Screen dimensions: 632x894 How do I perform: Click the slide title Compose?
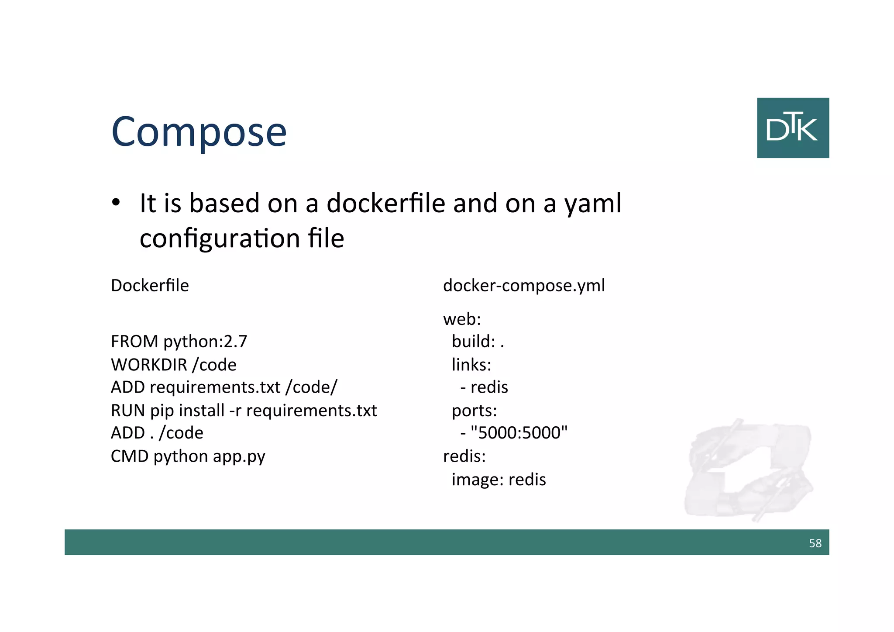tap(199, 131)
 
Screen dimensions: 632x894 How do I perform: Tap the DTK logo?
tap(793, 128)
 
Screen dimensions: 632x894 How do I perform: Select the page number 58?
tap(815, 543)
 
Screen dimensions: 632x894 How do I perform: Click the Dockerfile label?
tap(150, 286)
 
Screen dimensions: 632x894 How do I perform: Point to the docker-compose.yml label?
tap(524, 286)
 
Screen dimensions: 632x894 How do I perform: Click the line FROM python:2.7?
tap(179, 342)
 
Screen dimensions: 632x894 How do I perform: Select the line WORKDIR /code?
tap(173, 365)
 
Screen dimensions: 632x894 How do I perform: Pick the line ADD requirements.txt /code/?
tap(224, 387)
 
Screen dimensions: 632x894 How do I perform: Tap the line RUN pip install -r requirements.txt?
tap(244, 411)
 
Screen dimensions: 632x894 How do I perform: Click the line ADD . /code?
tap(157, 433)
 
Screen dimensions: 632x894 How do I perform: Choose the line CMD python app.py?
tap(188, 456)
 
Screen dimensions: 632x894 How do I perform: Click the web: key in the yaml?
tap(462, 319)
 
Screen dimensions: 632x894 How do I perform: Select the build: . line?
tap(478, 342)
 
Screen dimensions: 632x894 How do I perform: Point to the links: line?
tap(471, 365)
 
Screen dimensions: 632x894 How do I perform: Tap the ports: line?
tap(474, 411)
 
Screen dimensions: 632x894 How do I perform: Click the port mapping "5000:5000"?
tap(519, 433)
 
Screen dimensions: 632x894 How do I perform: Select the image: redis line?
tap(499, 480)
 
